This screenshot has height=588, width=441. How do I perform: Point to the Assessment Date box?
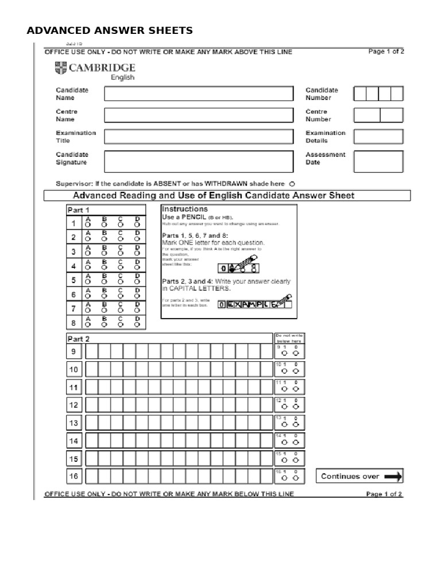(378, 161)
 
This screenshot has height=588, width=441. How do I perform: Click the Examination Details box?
(378, 137)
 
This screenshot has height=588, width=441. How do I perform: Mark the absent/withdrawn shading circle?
(292, 184)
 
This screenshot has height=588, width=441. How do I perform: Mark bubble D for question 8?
(137, 324)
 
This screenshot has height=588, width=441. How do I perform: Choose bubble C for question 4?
(121, 268)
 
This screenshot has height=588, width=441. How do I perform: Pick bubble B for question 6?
(105, 297)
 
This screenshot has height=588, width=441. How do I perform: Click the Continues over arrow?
(393, 476)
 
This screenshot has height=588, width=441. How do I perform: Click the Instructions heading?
(184, 209)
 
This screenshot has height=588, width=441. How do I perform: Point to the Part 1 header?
(78, 210)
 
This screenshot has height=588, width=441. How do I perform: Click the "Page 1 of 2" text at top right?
(385, 51)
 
